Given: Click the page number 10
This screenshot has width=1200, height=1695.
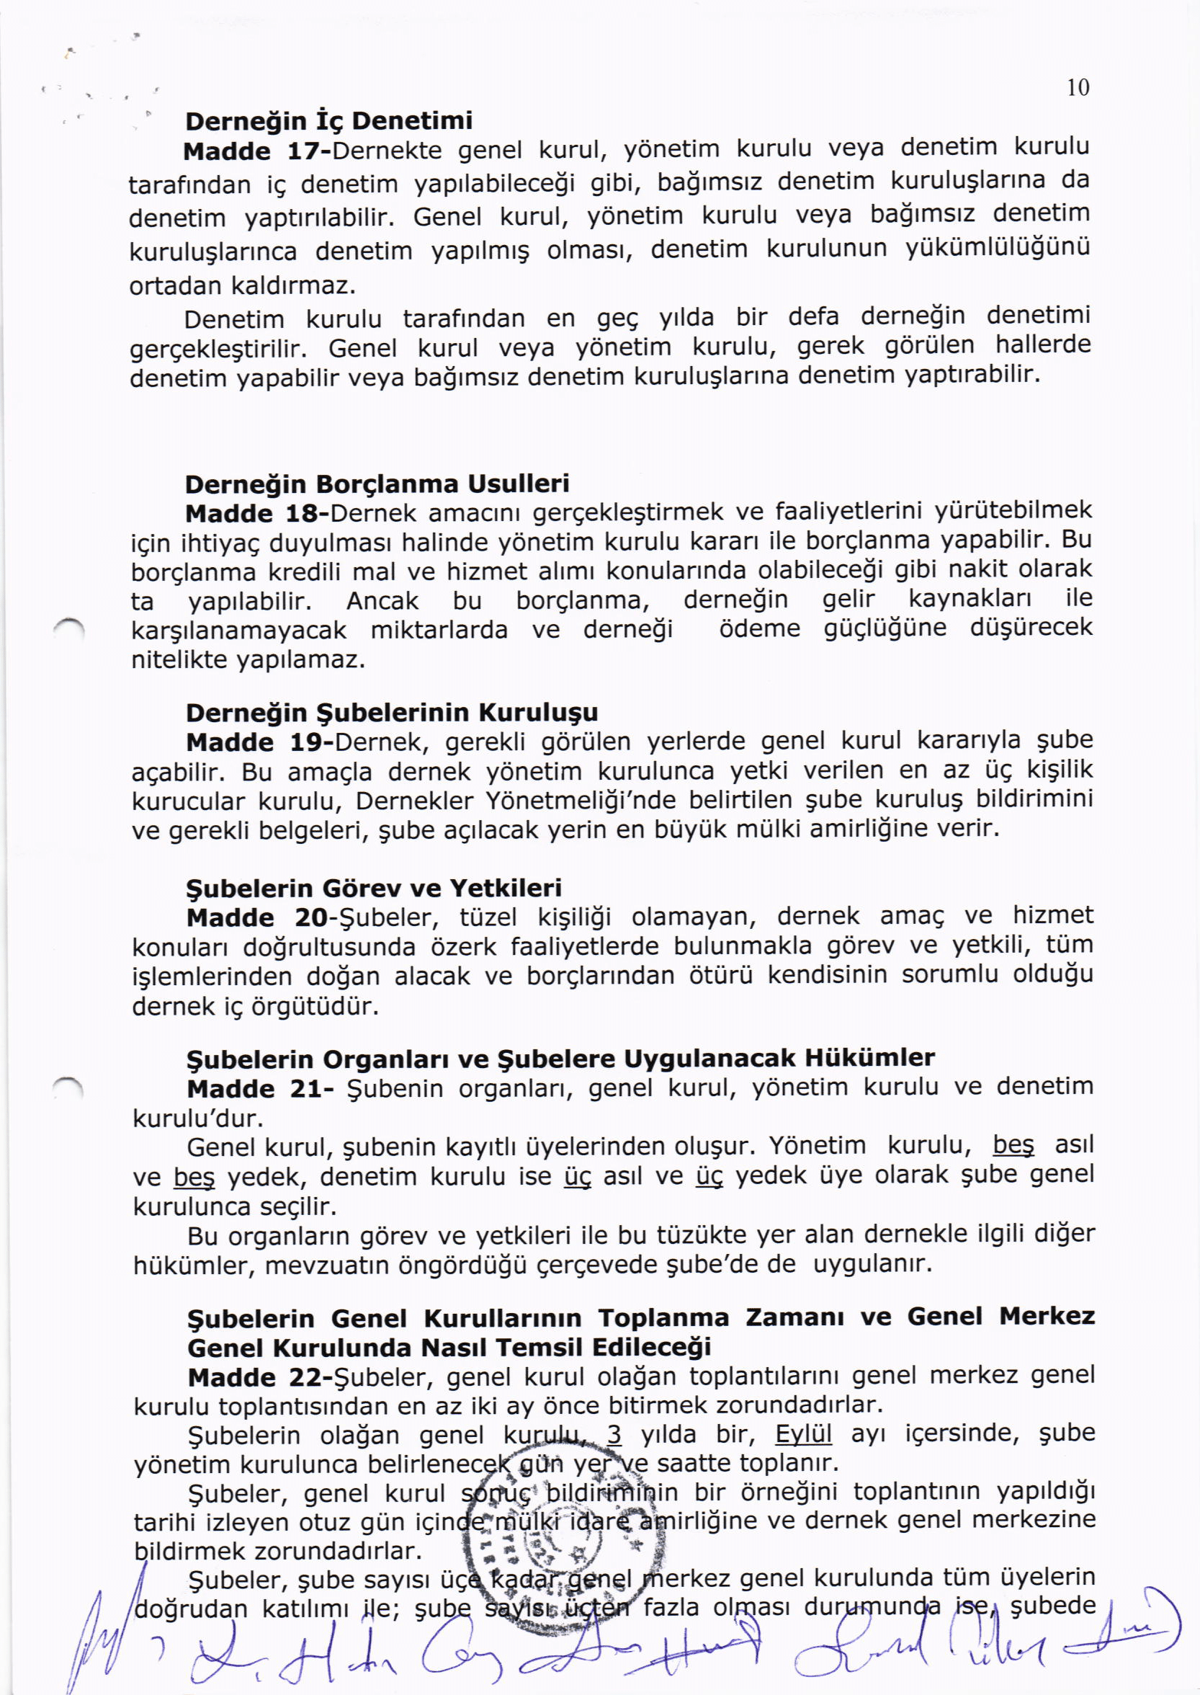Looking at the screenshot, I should (x=1078, y=88).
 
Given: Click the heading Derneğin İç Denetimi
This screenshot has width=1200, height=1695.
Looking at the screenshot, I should (x=329, y=120).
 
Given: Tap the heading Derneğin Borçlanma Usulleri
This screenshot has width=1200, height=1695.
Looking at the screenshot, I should (x=377, y=484).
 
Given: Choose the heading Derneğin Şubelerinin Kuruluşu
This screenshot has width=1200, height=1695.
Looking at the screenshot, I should (x=392, y=713).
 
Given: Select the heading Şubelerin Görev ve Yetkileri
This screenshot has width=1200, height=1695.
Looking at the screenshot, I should (x=374, y=888).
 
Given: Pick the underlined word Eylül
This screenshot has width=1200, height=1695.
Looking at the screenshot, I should (x=803, y=1436).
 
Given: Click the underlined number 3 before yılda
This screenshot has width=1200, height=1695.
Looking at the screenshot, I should (x=613, y=1436).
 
